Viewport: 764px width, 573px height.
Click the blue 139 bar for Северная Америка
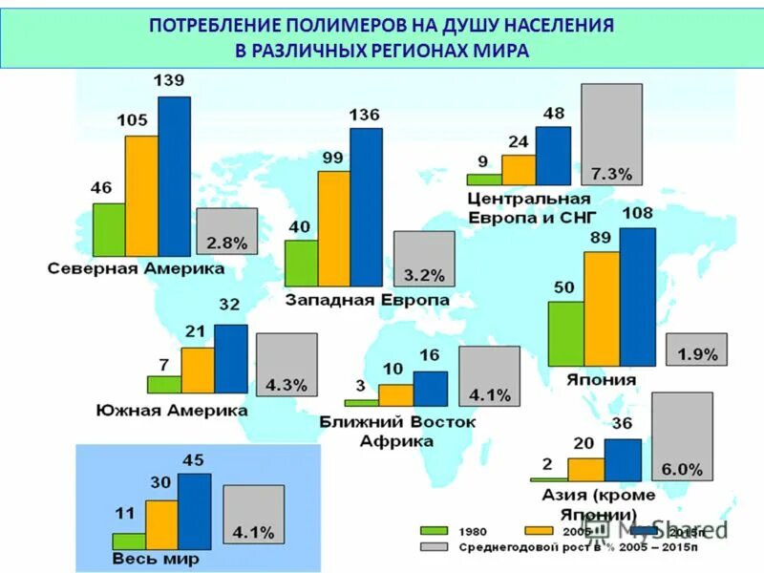pos(174,177)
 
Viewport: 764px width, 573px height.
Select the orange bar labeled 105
pos(141,196)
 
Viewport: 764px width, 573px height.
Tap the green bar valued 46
pos(109,229)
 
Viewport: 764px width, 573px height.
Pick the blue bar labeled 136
pos(366,206)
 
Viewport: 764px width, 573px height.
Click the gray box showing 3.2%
pos(424,259)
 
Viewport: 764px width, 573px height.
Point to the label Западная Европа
pos(367,300)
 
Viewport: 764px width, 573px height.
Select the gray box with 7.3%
pos(611,134)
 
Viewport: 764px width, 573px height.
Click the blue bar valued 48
pos(553,156)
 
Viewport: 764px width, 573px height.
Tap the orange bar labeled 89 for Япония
pos(602,308)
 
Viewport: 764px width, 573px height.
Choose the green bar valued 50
pos(566,332)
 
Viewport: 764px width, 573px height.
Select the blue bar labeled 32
pos(231,358)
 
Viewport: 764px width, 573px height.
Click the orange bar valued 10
pos(395,394)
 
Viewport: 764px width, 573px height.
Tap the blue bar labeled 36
pos(623,459)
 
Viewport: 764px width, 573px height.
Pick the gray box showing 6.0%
pos(682,436)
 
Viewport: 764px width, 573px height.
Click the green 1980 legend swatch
pos(435,530)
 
